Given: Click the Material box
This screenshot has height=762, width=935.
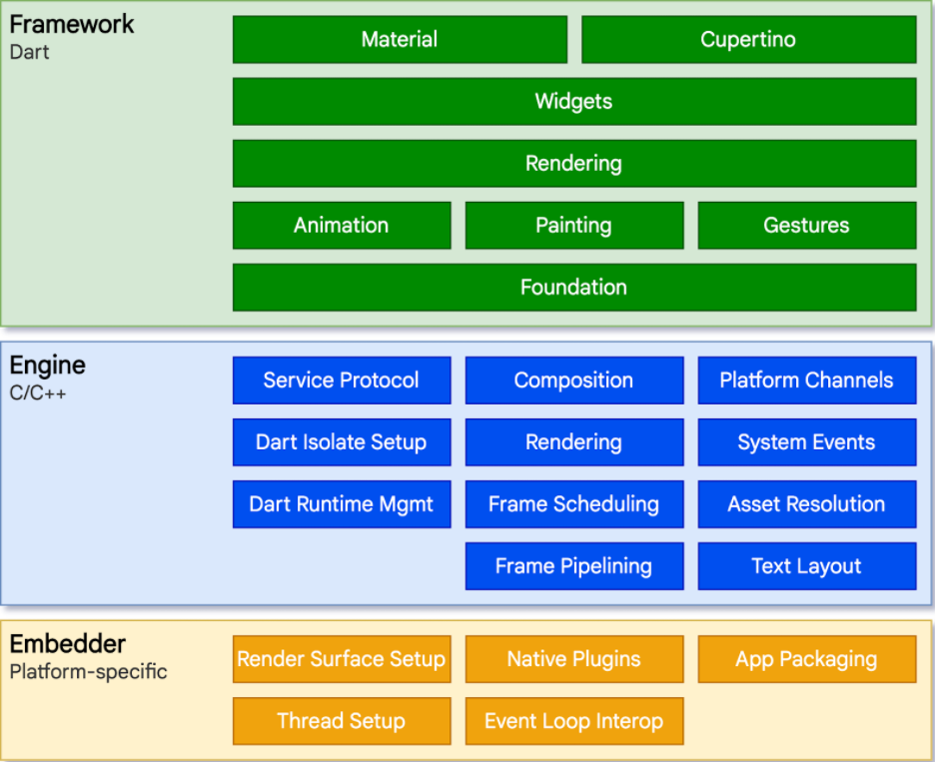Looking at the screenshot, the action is (400, 40).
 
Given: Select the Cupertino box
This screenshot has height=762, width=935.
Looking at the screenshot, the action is (748, 40).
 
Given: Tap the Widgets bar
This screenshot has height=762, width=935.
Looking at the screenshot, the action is (573, 102).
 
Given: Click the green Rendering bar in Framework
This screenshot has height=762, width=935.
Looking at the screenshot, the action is (573, 164).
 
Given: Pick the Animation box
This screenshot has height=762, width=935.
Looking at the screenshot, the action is (342, 226).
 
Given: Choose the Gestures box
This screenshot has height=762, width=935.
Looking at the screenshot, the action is (806, 226).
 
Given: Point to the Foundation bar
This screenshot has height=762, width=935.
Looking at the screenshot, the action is (573, 288).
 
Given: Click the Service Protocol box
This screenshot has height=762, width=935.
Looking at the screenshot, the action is (342, 381).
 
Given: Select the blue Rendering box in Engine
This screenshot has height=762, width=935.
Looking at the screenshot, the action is (573, 442).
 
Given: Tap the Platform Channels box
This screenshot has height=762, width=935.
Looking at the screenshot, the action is (806, 381).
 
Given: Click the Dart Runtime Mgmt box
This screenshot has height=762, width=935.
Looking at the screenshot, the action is (342, 504).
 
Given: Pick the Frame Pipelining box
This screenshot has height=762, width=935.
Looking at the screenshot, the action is (573, 566).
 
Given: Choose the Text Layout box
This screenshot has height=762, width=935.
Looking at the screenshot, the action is (806, 566).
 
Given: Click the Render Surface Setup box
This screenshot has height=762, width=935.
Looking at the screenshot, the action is (342, 659).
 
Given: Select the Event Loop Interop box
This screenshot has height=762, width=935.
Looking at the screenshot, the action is (573, 721).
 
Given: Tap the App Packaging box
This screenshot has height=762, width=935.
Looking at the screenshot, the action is (806, 659).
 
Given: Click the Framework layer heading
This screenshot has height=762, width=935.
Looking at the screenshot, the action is (72, 25).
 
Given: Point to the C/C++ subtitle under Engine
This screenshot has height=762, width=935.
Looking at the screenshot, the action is (38, 392).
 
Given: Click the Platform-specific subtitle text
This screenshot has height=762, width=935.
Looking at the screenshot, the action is (88, 671).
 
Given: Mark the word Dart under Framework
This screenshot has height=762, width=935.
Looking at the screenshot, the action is (29, 52).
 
